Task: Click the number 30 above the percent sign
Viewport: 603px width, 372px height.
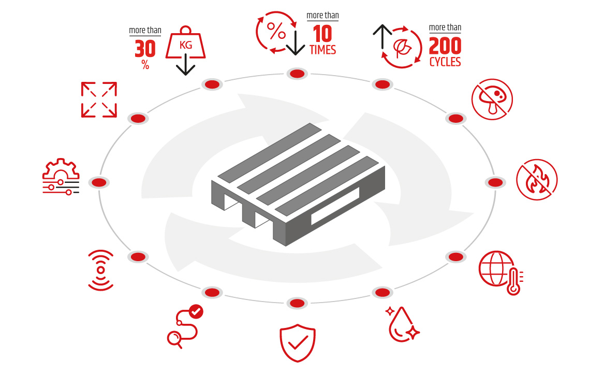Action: tap(145, 49)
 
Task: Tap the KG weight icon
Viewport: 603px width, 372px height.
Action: tap(185, 47)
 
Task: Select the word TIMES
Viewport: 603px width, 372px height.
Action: tap(322, 50)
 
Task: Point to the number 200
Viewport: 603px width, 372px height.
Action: tap(445, 46)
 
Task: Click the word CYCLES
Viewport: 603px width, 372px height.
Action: tap(445, 62)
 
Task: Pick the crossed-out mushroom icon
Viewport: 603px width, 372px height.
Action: tap(492, 98)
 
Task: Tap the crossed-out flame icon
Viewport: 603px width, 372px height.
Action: tap(537, 179)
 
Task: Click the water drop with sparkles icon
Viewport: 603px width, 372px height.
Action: tap(403, 323)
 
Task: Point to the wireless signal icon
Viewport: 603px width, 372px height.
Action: tap(100, 270)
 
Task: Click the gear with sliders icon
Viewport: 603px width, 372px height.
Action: tap(61, 177)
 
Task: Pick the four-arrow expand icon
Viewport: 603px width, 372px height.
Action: tap(99, 99)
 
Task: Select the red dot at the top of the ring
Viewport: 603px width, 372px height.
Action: tap(297, 74)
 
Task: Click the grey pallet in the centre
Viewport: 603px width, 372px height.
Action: tap(298, 184)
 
